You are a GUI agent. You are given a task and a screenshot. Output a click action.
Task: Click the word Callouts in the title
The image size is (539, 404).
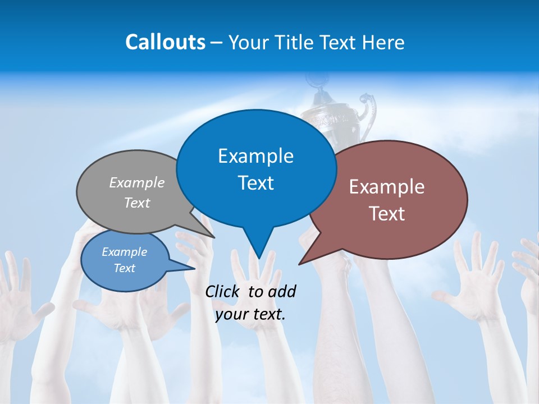[165, 42]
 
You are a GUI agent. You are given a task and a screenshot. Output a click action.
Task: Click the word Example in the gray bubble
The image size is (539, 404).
[137, 182]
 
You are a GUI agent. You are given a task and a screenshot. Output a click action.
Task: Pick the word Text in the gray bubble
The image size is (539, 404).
[137, 203]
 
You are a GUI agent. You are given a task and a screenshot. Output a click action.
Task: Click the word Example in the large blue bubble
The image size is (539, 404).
[255, 156]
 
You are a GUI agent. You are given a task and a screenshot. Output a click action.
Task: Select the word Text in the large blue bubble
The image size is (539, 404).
[255, 183]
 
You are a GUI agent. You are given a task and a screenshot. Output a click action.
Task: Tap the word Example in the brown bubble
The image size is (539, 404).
[387, 187]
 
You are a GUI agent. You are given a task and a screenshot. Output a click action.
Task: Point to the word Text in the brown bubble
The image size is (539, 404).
[387, 214]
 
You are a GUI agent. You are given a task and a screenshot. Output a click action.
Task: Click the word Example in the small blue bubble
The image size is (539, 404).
[124, 252]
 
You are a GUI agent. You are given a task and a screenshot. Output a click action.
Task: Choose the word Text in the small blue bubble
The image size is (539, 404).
[124, 268]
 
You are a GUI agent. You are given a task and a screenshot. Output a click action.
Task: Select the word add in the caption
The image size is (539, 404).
[282, 291]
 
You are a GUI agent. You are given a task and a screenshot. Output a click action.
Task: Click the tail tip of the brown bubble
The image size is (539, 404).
[299, 264]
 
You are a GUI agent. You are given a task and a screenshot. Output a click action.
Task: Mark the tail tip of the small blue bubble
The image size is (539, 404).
[194, 268]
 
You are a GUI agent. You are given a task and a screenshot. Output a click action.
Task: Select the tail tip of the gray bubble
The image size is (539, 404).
[214, 237]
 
